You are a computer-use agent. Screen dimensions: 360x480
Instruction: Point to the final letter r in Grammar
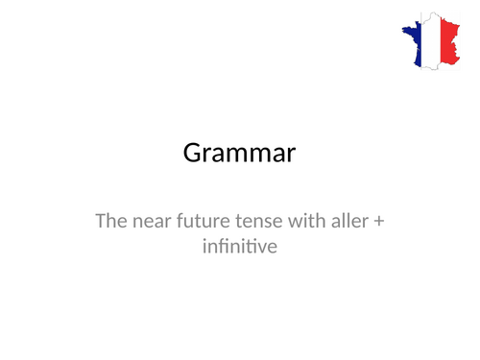pos(291,156)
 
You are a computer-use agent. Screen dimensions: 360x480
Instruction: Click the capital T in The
pos(101,222)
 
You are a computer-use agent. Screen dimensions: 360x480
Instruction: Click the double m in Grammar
pos(247,156)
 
